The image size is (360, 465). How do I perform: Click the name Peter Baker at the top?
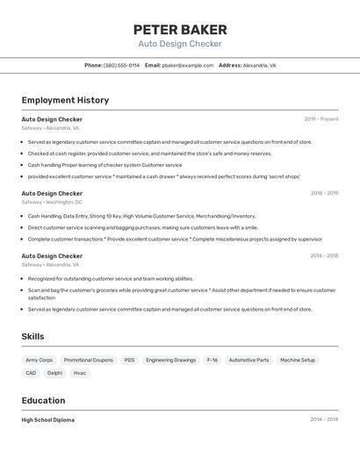pyautogui.click(x=180, y=29)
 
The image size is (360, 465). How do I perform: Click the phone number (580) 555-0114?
pyautogui.click(x=121, y=65)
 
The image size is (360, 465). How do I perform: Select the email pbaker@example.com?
pyautogui.click(x=187, y=65)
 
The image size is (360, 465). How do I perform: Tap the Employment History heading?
pyautogui.click(x=65, y=100)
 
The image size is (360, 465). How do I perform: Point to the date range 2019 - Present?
pyautogui.click(x=321, y=119)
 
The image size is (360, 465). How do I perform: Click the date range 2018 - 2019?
pyautogui.click(x=324, y=193)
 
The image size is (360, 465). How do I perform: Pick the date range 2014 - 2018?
pyautogui.click(x=324, y=256)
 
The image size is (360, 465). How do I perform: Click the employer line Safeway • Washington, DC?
pyautogui.click(x=52, y=202)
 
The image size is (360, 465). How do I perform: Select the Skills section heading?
pyautogui.click(x=32, y=336)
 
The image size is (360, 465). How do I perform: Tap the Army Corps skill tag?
pyautogui.click(x=39, y=360)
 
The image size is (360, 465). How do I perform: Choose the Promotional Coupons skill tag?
pyautogui.click(x=88, y=360)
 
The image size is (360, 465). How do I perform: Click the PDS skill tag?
pyautogui.click(x=129, y=360)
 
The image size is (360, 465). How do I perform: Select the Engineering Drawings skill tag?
pyautogui.click(x=171, y=360)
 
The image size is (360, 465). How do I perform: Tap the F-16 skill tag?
pyautogui.click(x=212, y=360)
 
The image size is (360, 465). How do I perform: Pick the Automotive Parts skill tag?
pyautogui.click(x=248, y=360)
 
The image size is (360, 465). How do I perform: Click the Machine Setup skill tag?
pyautogui.click(x=298, y=360)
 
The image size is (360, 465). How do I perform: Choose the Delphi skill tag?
pyautogui.click(x=54, y=373)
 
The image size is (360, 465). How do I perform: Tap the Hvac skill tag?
pyautogui.click(x=80, y=373)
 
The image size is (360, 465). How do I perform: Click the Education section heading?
pyautogui.click(x=43, y=400)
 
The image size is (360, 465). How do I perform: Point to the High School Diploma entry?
pyautogui.click(x=47, y=419)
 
